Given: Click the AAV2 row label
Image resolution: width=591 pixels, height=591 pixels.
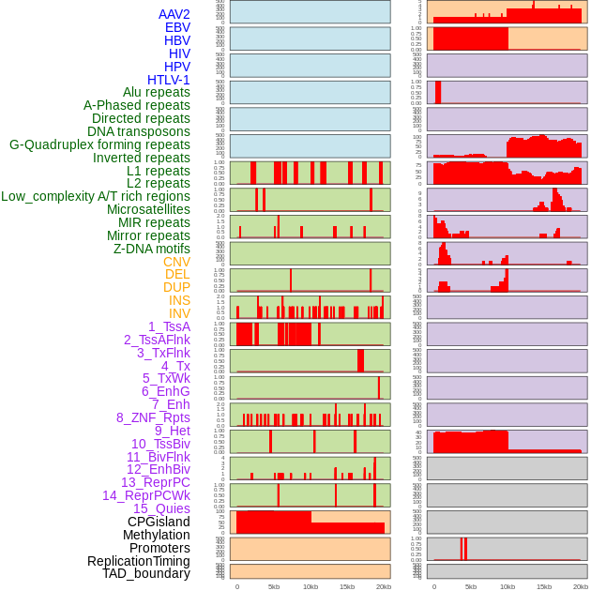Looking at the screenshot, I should pos(174,15).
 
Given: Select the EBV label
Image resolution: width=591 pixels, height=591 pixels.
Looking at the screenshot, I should pos(177,28).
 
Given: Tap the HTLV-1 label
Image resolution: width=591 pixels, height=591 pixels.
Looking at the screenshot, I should pos(169,80).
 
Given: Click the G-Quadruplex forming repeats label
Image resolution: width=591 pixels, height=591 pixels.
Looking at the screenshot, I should pos(99,144).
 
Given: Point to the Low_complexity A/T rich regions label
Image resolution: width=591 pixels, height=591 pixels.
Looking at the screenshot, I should pos(96,196).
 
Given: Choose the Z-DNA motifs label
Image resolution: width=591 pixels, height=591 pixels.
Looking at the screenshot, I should pos(152,249).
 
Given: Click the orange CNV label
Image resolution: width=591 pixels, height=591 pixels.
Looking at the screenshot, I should pos(176,262).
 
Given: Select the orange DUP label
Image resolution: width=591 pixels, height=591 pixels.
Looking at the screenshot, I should pos(176,287).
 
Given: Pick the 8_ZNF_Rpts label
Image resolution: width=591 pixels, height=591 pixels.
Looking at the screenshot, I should pos(153,417).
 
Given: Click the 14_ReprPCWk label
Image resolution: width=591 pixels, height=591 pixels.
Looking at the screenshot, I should pos(146,495).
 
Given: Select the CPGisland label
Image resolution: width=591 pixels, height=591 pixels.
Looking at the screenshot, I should pos(159,522).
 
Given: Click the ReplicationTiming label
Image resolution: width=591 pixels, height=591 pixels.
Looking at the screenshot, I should pos(139,561).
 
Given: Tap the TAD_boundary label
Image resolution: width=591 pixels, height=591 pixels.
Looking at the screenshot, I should pos(146,573).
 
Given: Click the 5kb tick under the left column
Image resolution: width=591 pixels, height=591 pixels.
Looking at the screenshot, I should pos(274,586).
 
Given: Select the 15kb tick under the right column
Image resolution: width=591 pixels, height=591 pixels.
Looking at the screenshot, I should pos(544,586).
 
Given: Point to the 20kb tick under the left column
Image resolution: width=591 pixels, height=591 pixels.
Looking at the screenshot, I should pos(384,586).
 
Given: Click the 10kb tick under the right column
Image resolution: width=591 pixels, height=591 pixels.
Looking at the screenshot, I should pos(508,586).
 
